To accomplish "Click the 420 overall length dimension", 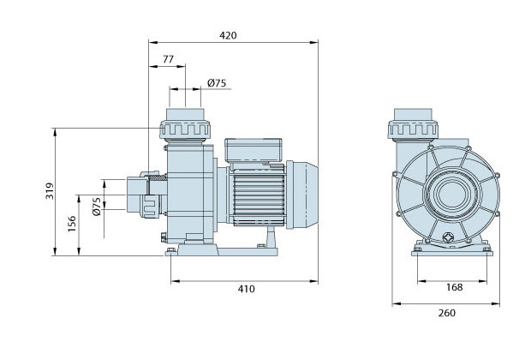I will (227, 35).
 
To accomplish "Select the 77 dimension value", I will (168, 61).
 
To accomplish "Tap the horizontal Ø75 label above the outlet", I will (217, 83).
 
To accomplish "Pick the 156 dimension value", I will (73, 224).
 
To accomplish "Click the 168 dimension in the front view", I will (454, 287).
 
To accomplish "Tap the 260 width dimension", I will (446, 313).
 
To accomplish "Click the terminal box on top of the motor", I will (251, 150).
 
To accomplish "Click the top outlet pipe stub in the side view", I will (186, 114).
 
